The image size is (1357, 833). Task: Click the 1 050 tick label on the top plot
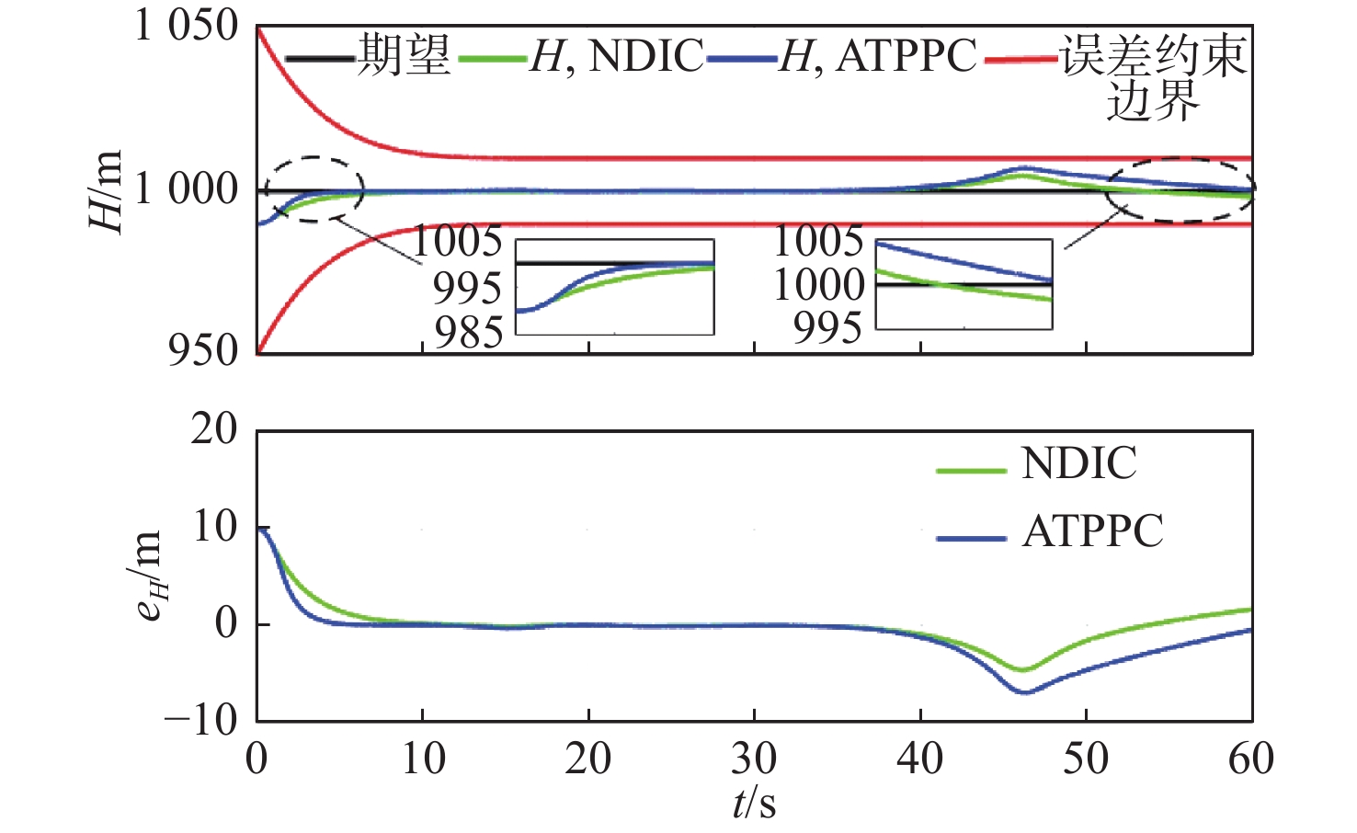click(x=187, y=26)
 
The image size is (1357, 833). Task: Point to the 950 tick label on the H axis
click(x=203, y=349)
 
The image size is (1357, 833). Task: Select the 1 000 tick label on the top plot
click(x=187, y=189)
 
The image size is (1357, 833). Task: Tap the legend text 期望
click(x=404, y=55)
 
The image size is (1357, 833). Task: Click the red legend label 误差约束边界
click(x=1154, y=75)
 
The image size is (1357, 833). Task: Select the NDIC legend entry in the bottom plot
click(x=1078, y=463)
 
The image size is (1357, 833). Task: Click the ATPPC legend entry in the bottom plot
click(x=1092, y=531)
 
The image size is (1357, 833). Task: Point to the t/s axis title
click(x=754, y=803)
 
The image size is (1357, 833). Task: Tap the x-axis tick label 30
click(x=754, y=759)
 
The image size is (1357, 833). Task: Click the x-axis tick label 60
click(x=1251, y=759)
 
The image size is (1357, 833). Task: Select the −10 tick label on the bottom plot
click(x=200, y=719)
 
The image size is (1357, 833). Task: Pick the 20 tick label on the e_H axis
click(x=213, y=429)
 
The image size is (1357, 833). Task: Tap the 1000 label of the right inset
click(x=819, y=285)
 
